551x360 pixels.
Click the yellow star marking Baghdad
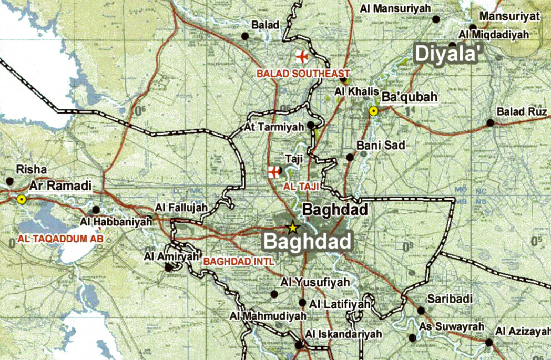coord(292,228)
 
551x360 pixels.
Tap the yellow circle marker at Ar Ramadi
coord(21,199)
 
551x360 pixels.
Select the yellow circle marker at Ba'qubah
coord(373,110)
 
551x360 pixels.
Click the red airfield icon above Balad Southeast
coord(302,56)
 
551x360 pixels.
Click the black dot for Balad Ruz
coord(490,123)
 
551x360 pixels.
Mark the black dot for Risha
coord(9,181)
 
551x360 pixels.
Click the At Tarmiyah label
coord(274,128)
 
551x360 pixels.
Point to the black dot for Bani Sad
coord(350,157)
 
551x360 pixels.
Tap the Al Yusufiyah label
coord(315,282)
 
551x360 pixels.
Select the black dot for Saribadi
coord(421,311)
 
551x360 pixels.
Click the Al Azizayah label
coord(522,332)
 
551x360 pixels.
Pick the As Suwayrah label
coord(451,327)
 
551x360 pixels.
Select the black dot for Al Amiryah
coord(168,267)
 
